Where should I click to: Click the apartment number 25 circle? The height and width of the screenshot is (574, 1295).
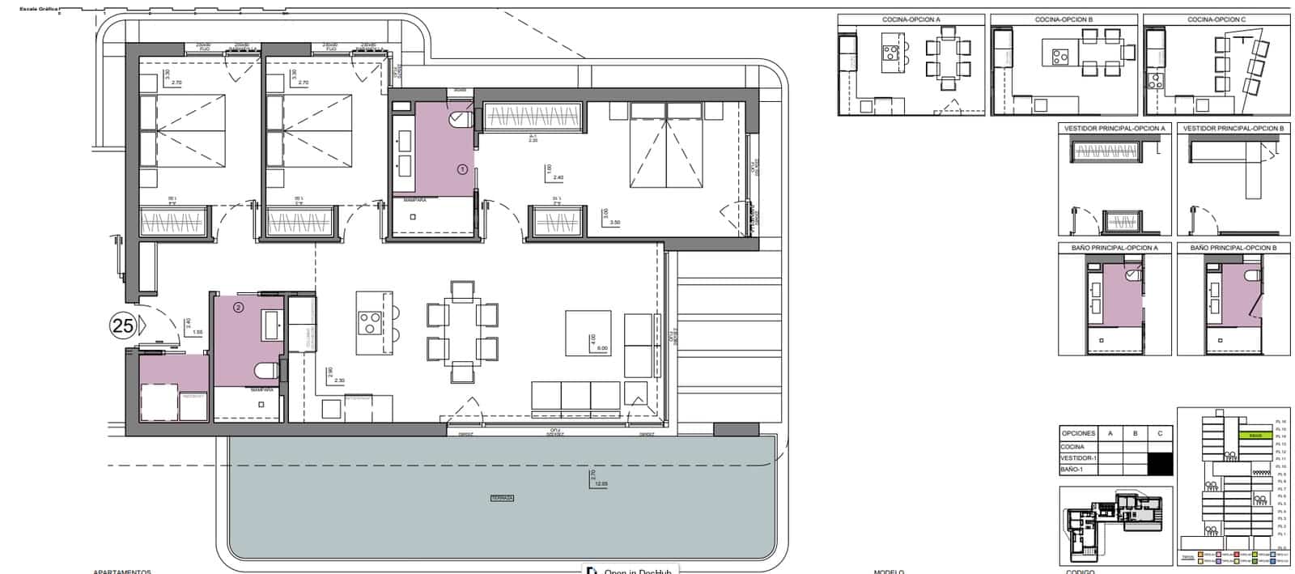click(123, 326)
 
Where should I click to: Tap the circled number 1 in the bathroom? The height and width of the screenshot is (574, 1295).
click(462, 170)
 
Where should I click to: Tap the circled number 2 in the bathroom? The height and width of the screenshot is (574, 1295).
click(238, 307)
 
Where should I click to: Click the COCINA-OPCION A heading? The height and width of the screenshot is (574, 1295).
click(911, 19)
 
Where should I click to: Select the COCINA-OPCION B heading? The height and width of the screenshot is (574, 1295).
click(1064, 19)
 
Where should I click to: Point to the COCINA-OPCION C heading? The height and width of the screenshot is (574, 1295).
click(1216, 19)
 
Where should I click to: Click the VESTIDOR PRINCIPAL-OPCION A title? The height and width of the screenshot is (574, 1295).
click(1115, 129)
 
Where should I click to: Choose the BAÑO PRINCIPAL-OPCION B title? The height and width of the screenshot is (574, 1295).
click(1233, 247)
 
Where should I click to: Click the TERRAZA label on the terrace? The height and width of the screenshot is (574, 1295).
click(502, 499)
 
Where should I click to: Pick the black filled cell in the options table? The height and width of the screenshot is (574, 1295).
click(1160, 463)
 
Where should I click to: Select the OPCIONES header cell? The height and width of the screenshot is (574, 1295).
click(1078, 434)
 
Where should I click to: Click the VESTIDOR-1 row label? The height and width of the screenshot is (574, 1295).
click(1078, 458)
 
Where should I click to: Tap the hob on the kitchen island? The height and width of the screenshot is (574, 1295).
click(370, 323)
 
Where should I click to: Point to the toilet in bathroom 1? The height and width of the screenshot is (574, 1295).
click(460, 120)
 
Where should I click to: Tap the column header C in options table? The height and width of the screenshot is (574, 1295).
click(1160, 434)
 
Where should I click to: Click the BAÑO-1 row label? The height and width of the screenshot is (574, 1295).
click(1073, 470)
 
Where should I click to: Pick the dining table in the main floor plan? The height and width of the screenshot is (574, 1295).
click(462, 331)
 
